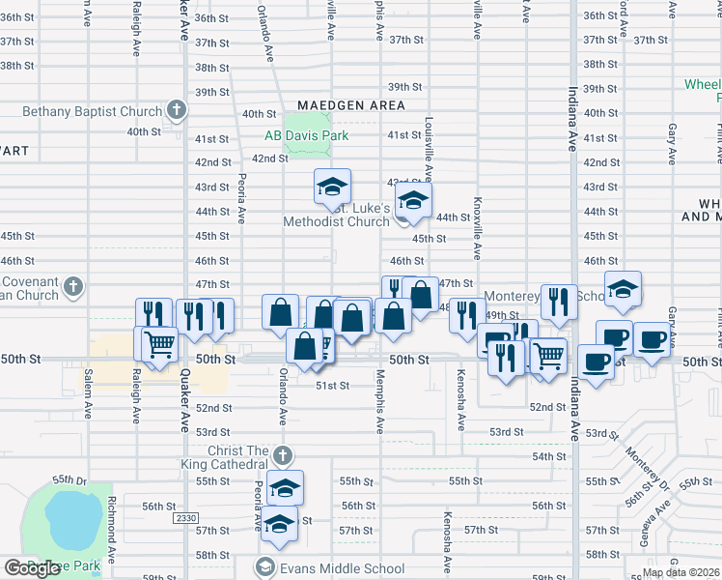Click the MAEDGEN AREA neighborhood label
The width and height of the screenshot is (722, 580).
(350, 104)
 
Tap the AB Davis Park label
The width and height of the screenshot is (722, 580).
(307, 136)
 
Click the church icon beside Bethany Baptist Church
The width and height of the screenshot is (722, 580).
(176, 109)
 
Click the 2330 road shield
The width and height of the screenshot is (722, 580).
(186, 519)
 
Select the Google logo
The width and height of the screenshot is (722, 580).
(31, 568)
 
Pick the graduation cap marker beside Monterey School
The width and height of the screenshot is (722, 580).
(624, 288)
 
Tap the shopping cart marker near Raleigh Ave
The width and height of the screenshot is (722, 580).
(160, 342)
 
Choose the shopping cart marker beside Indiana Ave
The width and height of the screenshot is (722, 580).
(549, 355)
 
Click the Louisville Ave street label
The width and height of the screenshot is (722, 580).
(427, 151)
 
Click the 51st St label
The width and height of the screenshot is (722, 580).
(332, 385)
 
